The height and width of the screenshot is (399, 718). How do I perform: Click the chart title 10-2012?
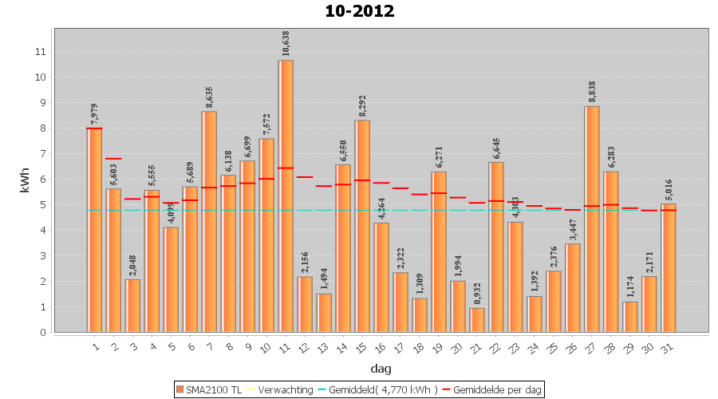[359, 11]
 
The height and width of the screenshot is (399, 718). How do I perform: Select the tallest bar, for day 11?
[286, 196]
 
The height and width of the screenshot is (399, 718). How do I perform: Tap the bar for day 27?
[592, 219]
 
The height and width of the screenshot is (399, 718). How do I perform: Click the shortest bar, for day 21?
[477, 320]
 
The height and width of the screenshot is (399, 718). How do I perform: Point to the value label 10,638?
[286, 40]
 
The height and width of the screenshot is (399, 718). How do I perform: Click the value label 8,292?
[363, 100]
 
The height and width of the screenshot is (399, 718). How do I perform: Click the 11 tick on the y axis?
[41, 52]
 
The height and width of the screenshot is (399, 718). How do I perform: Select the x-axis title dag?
[381, 369]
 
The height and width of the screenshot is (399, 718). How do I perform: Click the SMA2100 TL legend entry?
[209, 389]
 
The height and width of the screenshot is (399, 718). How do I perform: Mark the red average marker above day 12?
[305, 177]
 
